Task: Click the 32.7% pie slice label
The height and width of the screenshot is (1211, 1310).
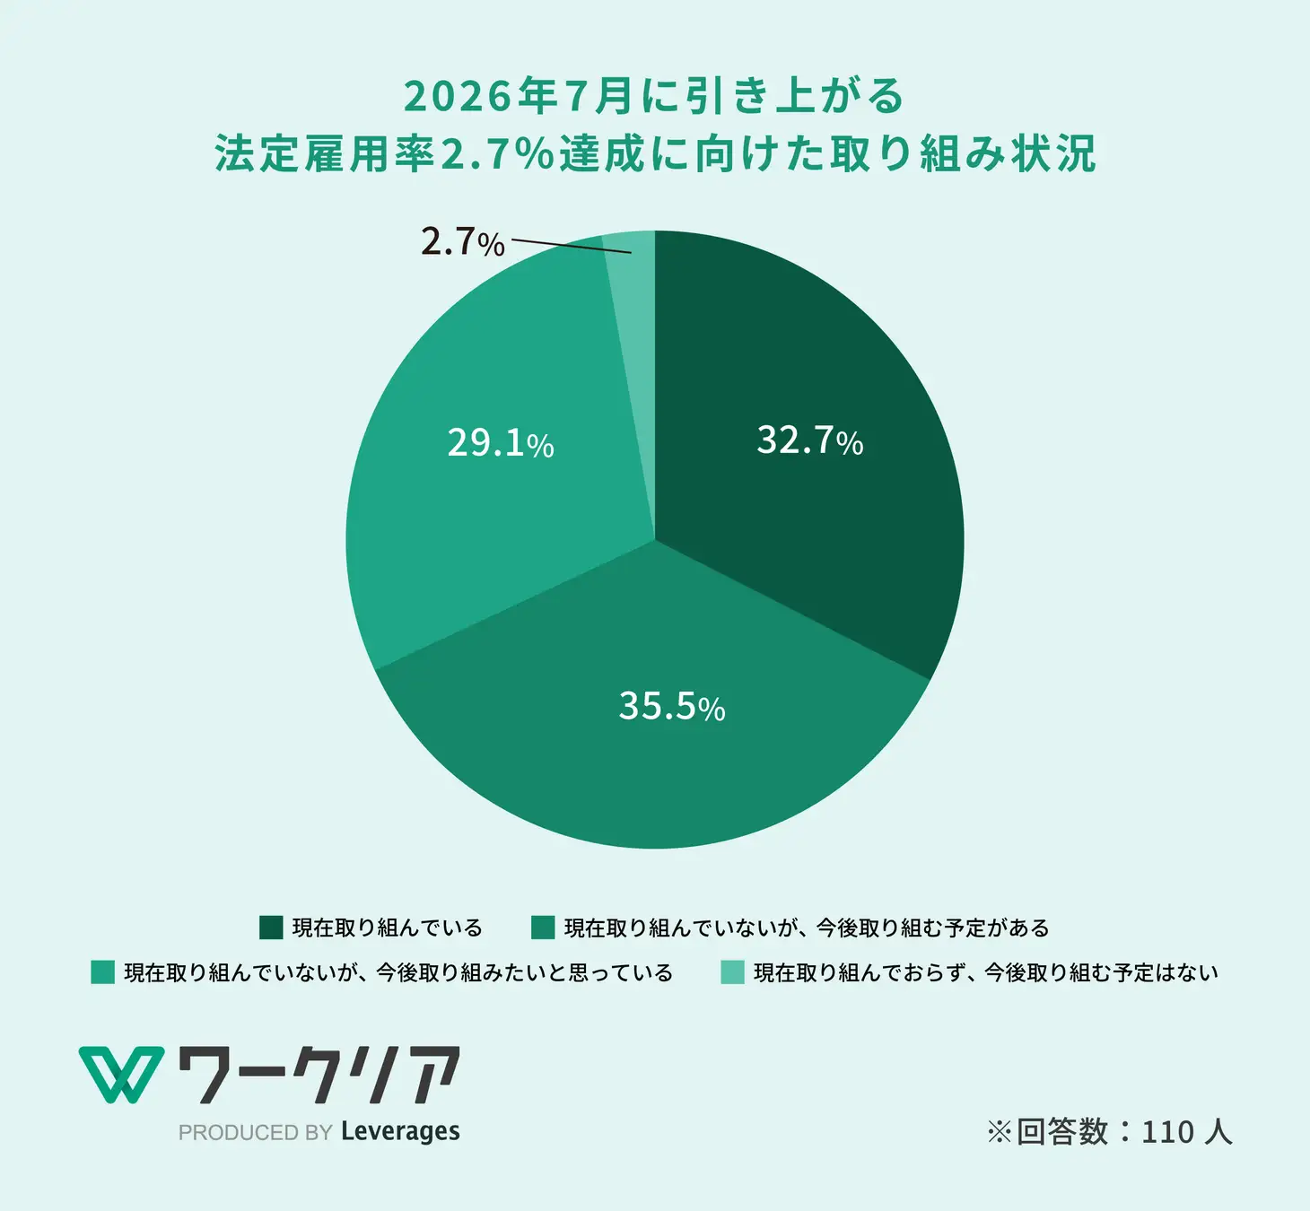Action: click(x=809, y=440)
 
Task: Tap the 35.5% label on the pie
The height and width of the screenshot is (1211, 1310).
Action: click(x=671, y=706)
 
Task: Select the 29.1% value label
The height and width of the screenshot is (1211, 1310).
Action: click(x=500, y=443)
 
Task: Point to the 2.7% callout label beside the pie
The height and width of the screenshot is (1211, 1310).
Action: click(x=462, y=242)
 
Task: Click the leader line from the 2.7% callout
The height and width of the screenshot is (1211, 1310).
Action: click(x=571, y=247)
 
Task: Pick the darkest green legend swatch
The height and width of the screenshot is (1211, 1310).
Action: click(x=270, y=928)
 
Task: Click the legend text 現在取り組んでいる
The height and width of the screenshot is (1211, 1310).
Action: click(x=388, y=928)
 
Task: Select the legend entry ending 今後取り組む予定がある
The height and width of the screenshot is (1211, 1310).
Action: click(x=807, y=928)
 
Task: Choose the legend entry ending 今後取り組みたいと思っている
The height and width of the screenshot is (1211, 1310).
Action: click(x=398, y=972)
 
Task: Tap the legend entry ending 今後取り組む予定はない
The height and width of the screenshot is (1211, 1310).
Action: click(x=986, y=972)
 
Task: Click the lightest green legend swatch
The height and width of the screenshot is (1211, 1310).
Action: click(x=732, y=972)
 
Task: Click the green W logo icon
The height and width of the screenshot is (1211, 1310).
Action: click(x=121, y=1074)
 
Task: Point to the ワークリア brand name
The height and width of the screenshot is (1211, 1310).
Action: click(x=319, y=1074)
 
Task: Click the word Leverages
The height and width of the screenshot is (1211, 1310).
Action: click(x=400, y=1132)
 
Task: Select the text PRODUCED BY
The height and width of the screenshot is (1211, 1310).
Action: click(x=256, y=1133)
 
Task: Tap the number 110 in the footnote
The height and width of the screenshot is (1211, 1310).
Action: click(x=1167, y=1132)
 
